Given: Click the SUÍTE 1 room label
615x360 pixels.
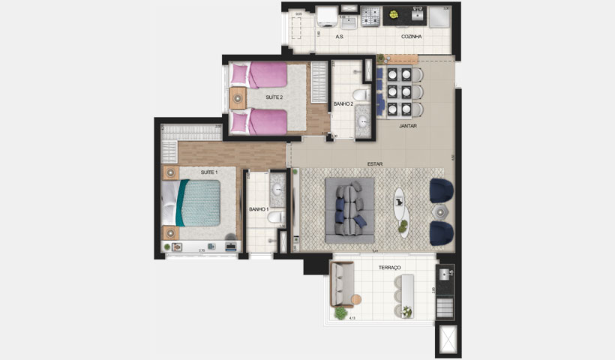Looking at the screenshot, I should [x=209, y=172].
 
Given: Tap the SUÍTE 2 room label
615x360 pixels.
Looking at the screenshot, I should [x=274, y=97].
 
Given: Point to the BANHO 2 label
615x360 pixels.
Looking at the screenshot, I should [x=343, y=104].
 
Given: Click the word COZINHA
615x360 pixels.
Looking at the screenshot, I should [x=411, y=36].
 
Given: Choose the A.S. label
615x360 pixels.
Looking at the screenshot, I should [x=340, y=36].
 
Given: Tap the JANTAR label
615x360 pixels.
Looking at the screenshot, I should [x=408, y=126].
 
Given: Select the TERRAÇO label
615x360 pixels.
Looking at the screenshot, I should [x=390, y=268].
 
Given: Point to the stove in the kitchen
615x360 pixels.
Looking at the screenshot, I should [x=370, y=15].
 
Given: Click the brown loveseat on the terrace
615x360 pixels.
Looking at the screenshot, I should [x=343, y=287].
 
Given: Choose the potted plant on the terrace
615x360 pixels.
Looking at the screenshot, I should [x=342, y=313].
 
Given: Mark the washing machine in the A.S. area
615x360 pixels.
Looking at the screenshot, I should [x=327, y=16].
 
